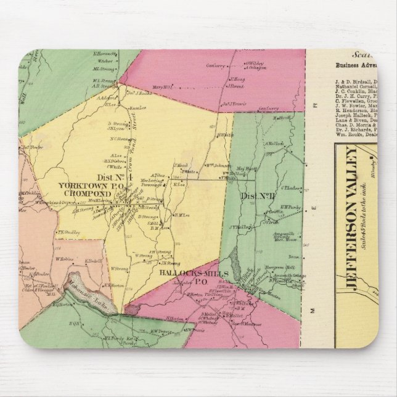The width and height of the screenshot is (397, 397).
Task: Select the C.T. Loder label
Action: pyautogui.click(x=289, y=187)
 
